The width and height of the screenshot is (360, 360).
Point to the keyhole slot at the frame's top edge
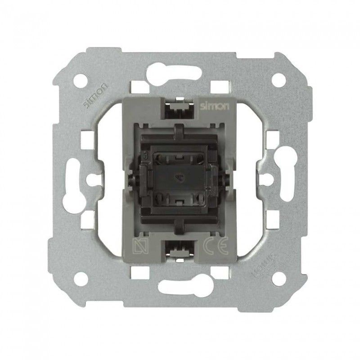(180, 72)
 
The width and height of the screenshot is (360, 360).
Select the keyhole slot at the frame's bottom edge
(180, 286)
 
